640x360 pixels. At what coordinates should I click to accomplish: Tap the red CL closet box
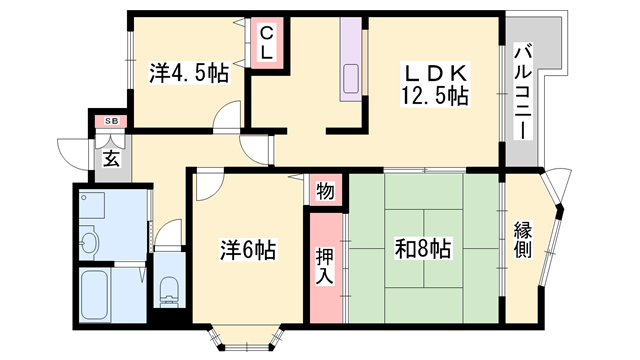[x=267, y=44]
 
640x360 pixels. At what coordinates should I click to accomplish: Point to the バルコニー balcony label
[x=522, y=89]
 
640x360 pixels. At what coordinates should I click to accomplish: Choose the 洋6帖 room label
[x=248, y=250]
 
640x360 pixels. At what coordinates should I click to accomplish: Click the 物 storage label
[x=326, y=189]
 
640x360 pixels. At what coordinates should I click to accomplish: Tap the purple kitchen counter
[x=352, y=61]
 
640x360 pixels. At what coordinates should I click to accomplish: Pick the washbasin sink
[x=89, y=240]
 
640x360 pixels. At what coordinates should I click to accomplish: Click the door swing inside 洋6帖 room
[x=209, y=185]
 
